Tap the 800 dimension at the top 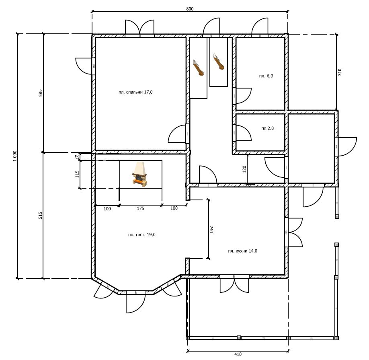coord(190,9)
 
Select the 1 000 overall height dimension coord(15,156)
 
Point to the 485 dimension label coord(40,93)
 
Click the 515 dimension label coord(41,216)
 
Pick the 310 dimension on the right coord(340,72)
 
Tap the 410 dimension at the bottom coord(238,354)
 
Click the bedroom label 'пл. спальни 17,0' coord(135,92)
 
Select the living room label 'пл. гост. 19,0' coord(141,235)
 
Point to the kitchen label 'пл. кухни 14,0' coord(242,251)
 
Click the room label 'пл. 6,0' coord(266,76)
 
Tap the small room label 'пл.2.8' coord(267,128)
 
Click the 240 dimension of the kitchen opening coord(211,229)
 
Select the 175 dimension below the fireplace coord(141,208)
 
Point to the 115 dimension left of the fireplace coord(77,174)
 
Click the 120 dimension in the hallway coord(244,169)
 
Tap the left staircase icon coord(198,68)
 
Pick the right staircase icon coord(219,62)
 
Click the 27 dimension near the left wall coord(77,156)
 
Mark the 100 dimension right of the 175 coord(174,208)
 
